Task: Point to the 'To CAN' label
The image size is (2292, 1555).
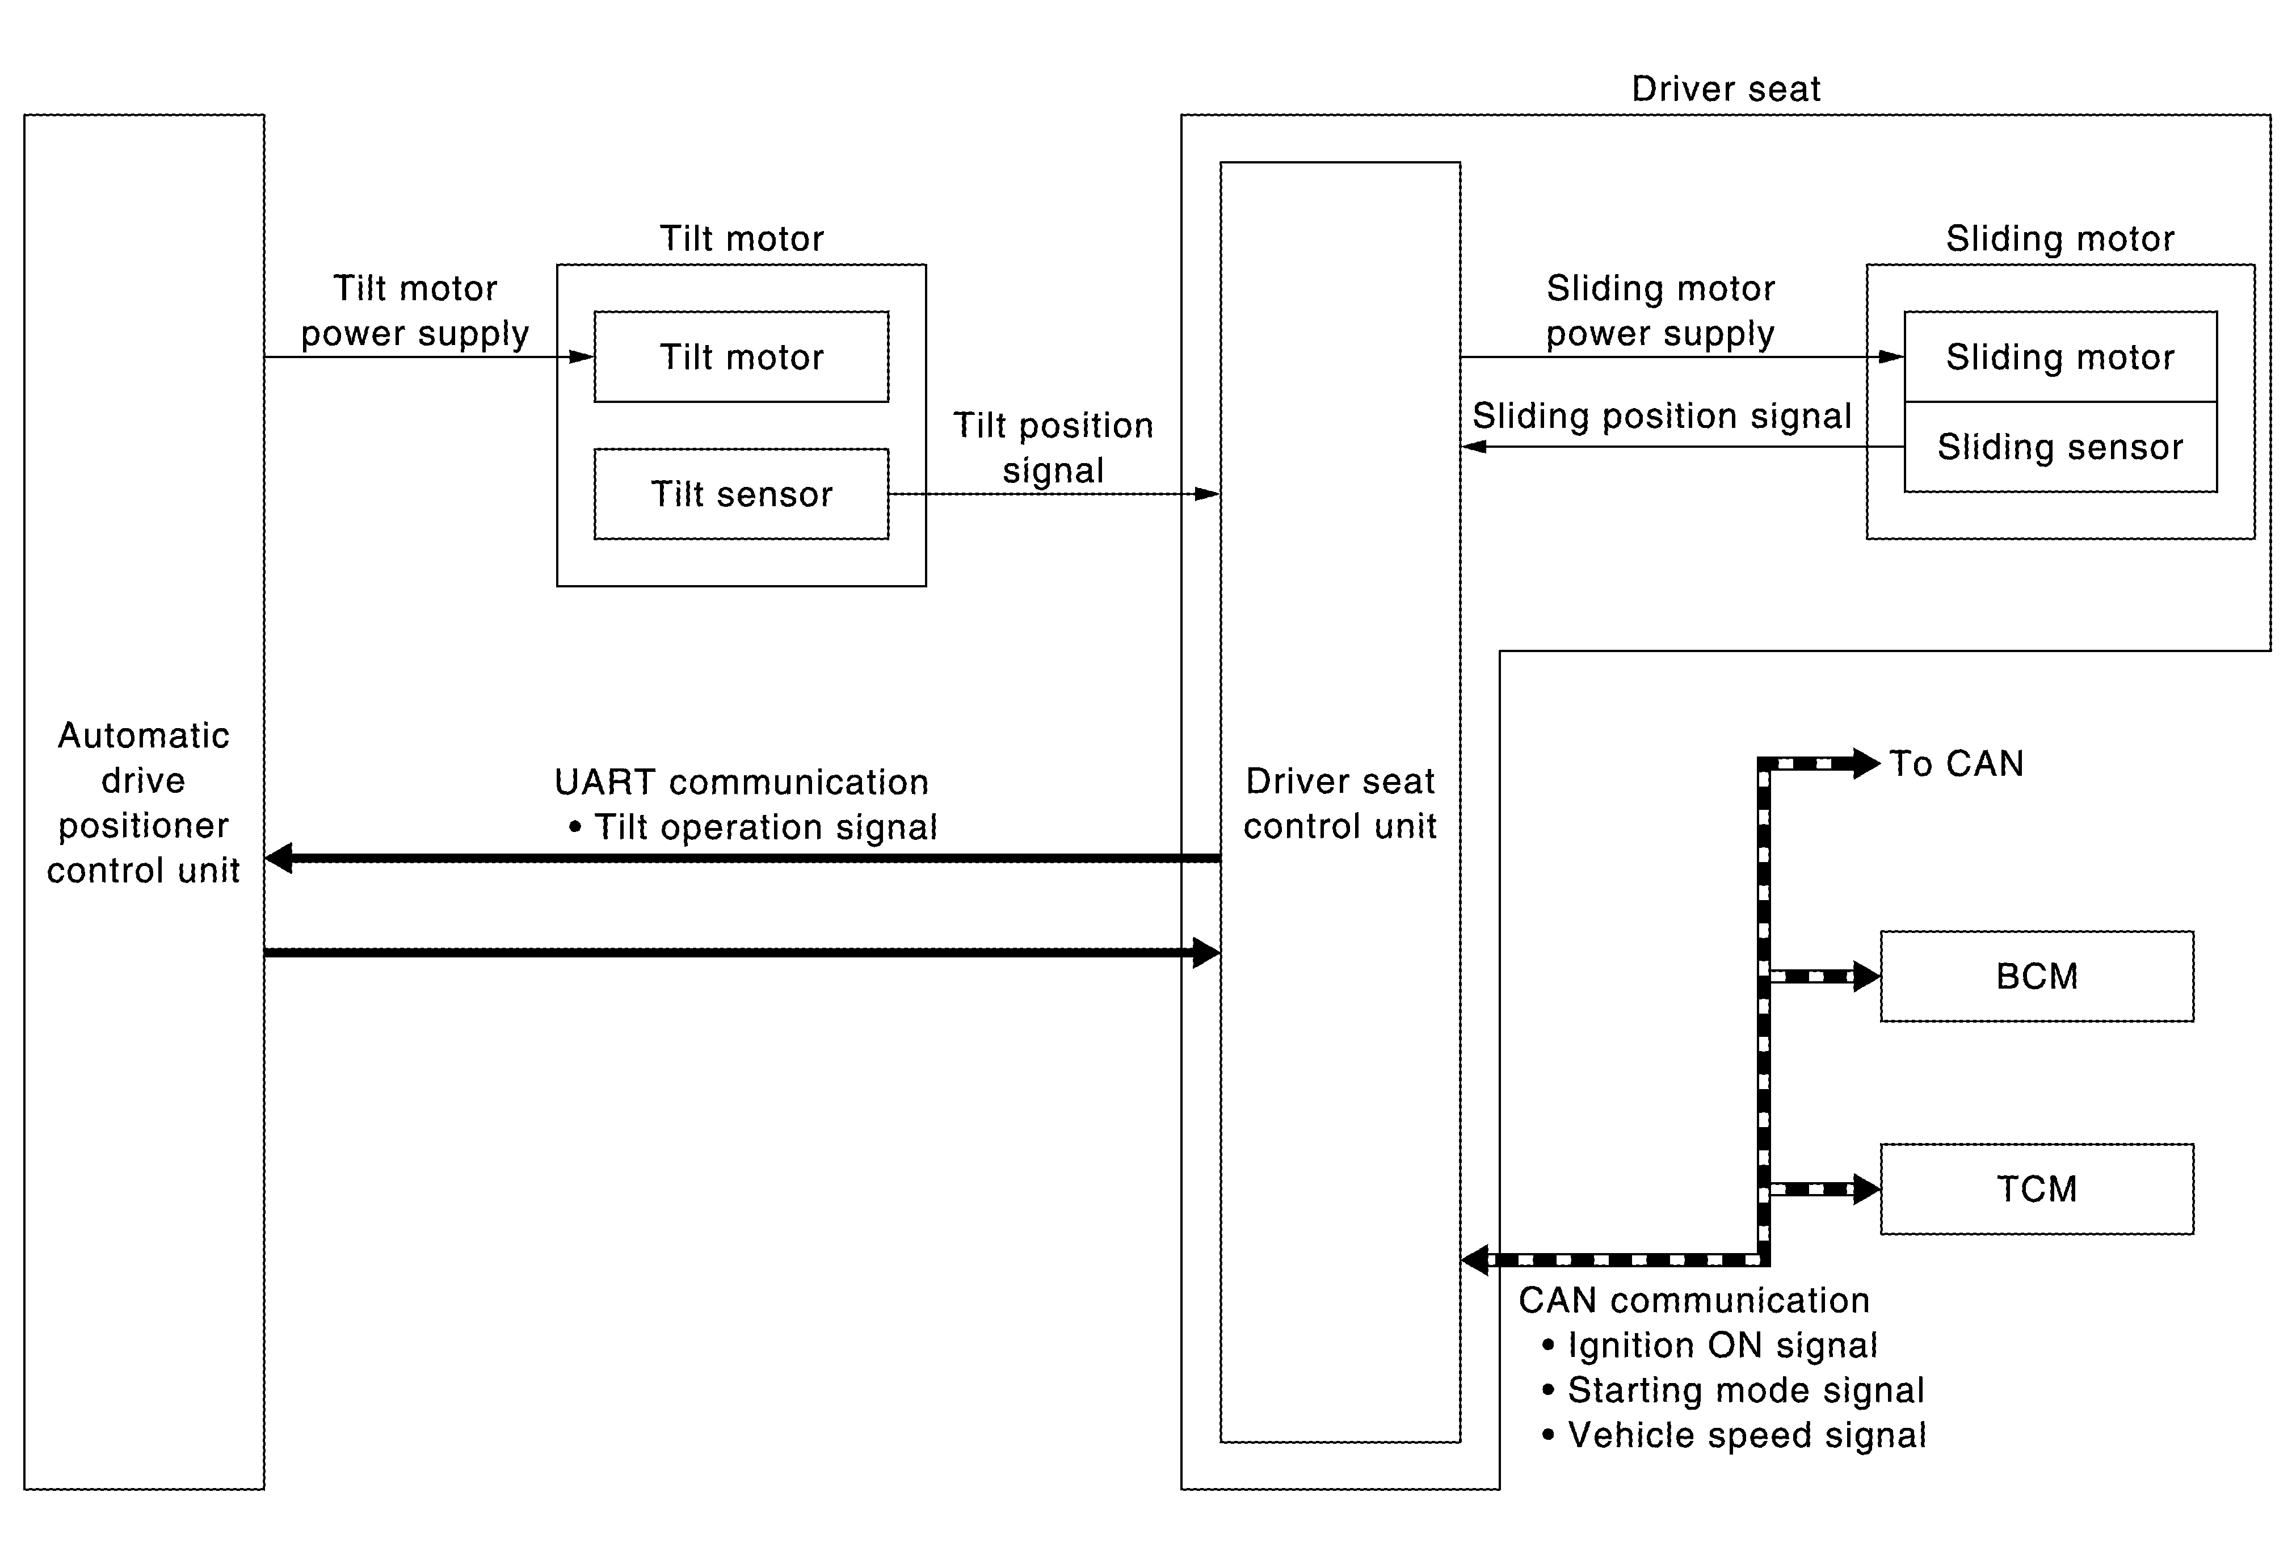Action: pos(1955,764)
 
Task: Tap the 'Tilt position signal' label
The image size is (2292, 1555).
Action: pos(1052,448)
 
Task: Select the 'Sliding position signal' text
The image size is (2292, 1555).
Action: pos(1662,416)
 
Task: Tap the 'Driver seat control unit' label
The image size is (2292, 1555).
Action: pos(1339,804)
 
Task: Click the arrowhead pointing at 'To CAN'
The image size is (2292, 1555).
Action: pos(1866,763)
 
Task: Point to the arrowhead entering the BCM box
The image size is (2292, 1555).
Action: pos(1866,976)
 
